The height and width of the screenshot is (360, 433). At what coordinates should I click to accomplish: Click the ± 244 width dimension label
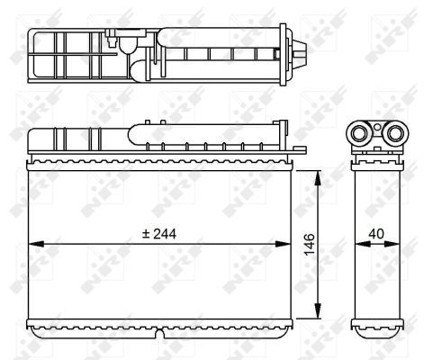click(159, 234)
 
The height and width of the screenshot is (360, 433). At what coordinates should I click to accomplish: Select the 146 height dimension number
click(309, 245)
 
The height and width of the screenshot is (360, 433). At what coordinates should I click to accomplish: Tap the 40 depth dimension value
click(376, 234)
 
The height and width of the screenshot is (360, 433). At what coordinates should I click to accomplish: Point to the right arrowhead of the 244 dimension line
click(283, 244)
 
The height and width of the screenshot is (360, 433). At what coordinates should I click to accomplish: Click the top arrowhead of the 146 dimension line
click(319, 178)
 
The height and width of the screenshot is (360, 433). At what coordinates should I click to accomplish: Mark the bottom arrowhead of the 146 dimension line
click(318, 310)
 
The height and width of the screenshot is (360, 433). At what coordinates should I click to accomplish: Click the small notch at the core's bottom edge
click(160, 334)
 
